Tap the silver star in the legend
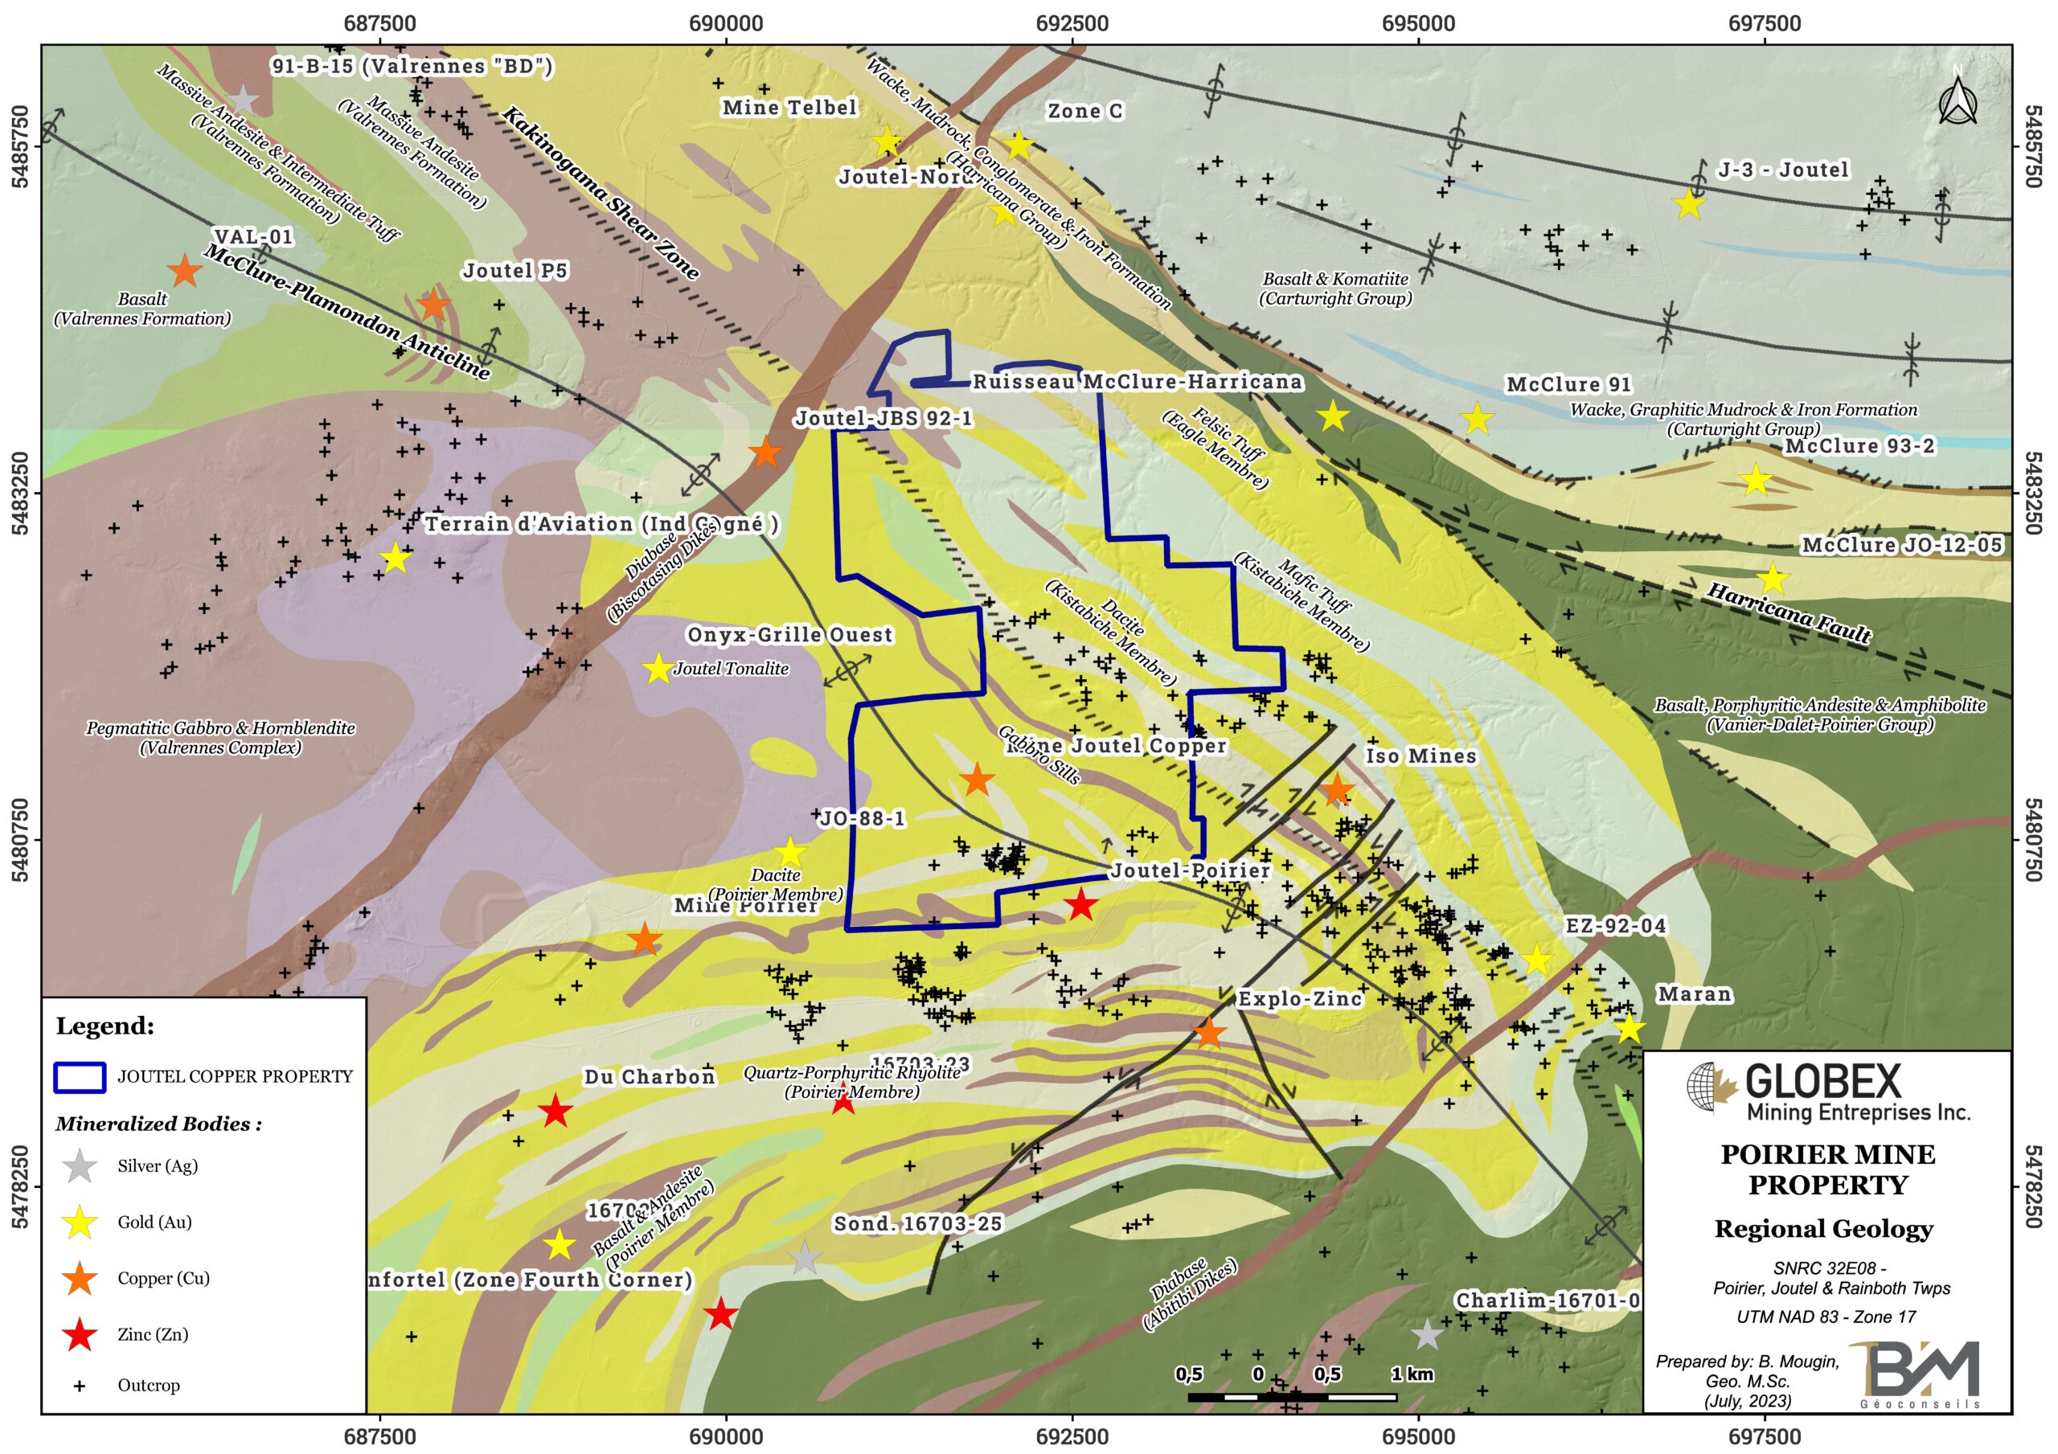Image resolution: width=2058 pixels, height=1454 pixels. point(80,1166)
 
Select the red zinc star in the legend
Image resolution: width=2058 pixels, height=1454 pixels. point(80,1335)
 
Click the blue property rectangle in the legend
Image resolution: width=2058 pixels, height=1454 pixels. point(80,1076)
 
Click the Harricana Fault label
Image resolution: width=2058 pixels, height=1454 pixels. point(1788,613)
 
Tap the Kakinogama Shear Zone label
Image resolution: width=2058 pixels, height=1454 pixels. point(600,192)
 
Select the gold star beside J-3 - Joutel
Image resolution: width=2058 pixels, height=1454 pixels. point(1689,203)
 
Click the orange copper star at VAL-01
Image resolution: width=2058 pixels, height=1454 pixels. point(185,270)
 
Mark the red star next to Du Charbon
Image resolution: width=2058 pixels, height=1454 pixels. point(555,1112)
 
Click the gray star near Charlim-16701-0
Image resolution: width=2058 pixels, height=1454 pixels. point(1426,1335)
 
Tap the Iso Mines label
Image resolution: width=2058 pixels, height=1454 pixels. point(1420,756)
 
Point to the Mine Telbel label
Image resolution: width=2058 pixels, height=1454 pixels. point(789,108)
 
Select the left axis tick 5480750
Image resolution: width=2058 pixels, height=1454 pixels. point(20,840)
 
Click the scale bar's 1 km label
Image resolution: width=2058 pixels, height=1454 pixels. point(1412,1374)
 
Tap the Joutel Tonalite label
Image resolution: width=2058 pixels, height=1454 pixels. point(731,669)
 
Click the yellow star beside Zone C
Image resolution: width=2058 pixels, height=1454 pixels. point(1019,143)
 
